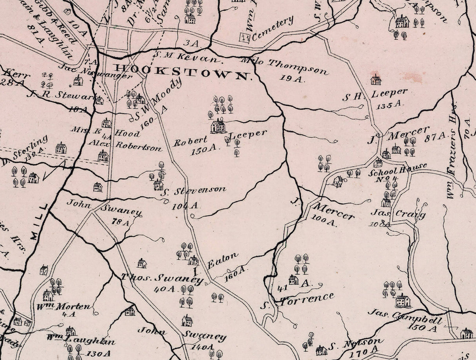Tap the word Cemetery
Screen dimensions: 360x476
pos(273,29)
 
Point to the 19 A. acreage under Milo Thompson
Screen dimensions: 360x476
pos(292,78)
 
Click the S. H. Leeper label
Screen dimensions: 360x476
pos(375,95)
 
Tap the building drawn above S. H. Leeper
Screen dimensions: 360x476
pos(376,80)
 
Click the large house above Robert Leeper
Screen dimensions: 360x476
pos(218,126)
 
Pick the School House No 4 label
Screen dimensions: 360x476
pos(397,173)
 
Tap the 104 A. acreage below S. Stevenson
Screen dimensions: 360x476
pos(185,205)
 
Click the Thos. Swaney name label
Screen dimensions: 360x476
pos(162,278)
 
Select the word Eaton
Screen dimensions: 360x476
pos(222,261)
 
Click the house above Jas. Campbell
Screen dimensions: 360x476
pos(403,301)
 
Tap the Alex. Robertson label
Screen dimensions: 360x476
pos(125,145)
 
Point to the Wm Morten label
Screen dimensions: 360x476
pos(69,306)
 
